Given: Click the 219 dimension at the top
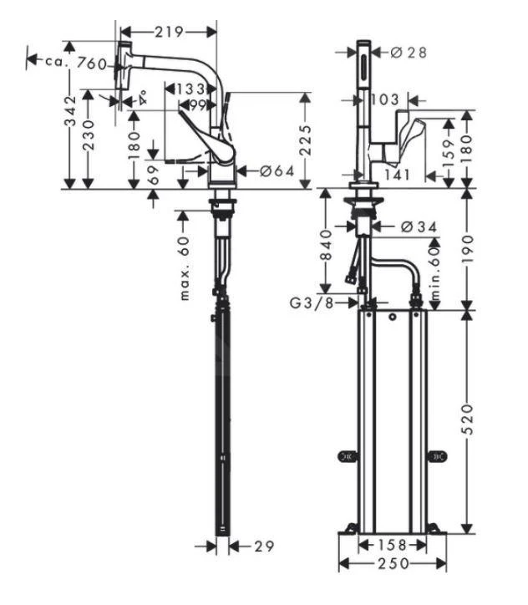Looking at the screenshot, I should [170, 32].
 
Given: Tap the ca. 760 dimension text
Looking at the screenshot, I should [77, 62].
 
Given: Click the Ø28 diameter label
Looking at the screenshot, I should [409, 52].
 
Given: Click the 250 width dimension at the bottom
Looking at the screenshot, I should [389, 564].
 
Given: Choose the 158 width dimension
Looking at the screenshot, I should [390, 545].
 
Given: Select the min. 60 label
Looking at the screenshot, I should [434, 266].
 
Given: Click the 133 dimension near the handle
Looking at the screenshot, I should [193, 89].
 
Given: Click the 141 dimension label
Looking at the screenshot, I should [399, 175].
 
